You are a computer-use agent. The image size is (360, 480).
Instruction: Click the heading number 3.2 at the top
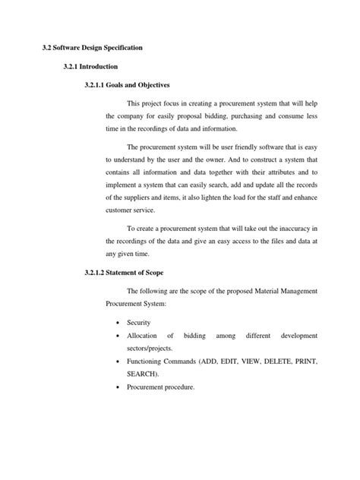pos(46,47)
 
